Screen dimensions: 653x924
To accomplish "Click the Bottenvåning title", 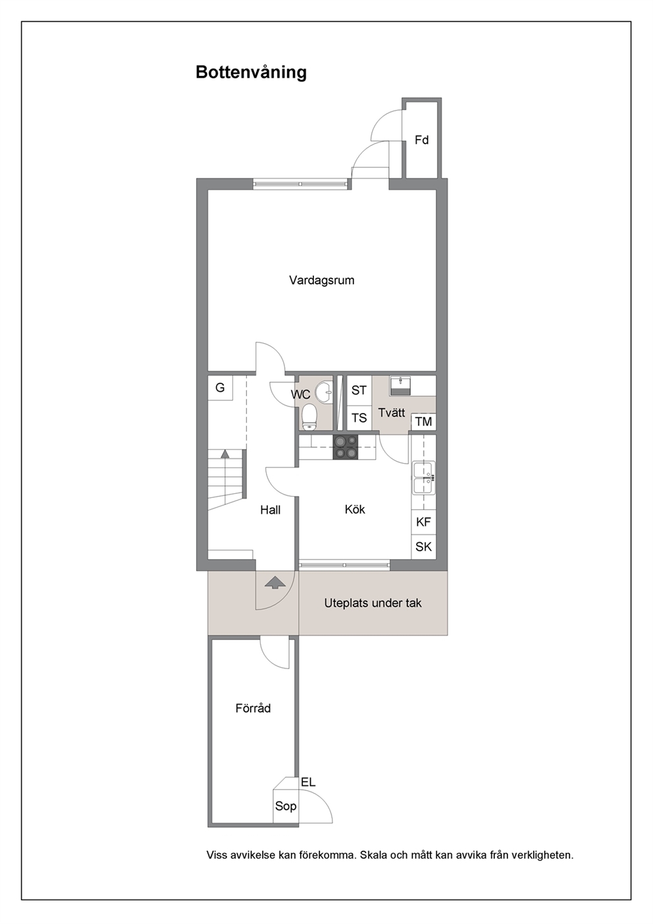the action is tap(251, 72).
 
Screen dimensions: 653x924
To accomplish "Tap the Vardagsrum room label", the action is tap(321, 281).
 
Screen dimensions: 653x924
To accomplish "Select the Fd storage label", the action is tap(422, 140).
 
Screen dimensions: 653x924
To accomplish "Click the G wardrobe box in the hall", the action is tap(220, 388).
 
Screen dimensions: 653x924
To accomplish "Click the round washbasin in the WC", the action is tap(324, 391).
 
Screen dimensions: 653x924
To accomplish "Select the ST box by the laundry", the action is tap(359, 391).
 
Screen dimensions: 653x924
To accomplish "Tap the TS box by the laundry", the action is tap(359, 418).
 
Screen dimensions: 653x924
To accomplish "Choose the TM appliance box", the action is tap(424, 422).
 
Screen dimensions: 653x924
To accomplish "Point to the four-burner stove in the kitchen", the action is tap(346, 447).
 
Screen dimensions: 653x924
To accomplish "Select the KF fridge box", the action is tap(424, 522).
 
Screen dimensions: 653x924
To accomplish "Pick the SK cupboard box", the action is tap(424, 547).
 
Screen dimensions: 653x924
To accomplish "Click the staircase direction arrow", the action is tap(225, 454).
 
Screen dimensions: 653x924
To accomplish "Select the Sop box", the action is tap(285, 805).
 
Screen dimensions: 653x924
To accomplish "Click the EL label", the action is tap(308, 782).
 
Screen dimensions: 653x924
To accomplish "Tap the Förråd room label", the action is tap(253, 708).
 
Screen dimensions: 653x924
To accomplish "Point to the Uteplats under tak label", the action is tap(373, 603).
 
